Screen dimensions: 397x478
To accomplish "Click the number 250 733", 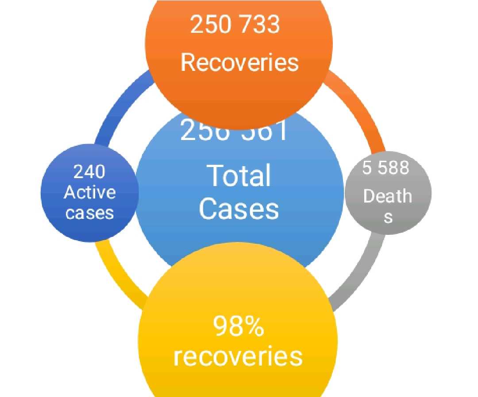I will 235,24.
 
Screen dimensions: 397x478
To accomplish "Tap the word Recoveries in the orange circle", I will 239,62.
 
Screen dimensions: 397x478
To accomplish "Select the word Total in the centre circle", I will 239,175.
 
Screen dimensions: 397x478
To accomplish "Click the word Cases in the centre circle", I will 239,208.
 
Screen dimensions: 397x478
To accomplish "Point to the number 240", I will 89,171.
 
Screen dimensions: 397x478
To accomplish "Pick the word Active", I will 89,192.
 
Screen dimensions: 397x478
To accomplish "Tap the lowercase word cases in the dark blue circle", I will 89,213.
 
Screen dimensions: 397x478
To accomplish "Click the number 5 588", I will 385,168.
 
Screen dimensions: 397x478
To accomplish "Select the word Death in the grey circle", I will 387,196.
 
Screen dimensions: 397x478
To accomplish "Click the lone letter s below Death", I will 388,218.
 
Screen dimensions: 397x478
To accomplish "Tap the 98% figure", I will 238,327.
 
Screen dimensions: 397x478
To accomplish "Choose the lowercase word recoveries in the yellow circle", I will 238,356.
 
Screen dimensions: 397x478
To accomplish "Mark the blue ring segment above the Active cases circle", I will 117,106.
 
